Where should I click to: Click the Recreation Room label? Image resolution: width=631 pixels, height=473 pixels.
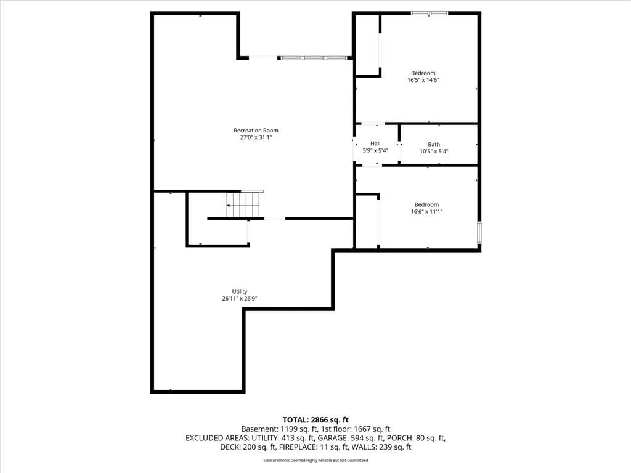tap(256, 131)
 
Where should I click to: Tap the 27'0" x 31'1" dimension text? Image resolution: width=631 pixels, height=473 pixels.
tap(256, 137)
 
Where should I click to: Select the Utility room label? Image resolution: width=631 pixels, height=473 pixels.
tap(240, 291)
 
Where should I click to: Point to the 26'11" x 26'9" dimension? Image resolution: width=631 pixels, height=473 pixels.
tap(240, 299)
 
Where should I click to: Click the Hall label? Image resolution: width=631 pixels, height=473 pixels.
tap(375, 144)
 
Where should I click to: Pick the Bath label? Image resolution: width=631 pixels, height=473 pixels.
tap(434, 144)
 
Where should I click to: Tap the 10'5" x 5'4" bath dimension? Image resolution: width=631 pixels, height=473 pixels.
tap(434, 152)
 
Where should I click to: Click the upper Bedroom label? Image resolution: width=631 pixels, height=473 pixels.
tap(423, 73)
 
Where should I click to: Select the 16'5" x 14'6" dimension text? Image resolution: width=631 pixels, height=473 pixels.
tap(423, 80)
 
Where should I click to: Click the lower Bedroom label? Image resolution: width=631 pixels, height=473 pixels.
tap(426, 204)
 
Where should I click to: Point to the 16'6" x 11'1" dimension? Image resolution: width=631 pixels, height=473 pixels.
tap(426, 212)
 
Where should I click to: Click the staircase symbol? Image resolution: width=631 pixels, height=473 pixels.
tap(245, 204)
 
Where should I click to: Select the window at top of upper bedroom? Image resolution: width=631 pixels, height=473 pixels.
tap(429, 14)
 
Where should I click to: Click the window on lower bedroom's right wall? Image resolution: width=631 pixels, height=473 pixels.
tap(479, 232)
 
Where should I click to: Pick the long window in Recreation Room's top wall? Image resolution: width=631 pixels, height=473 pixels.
tap(314, 58)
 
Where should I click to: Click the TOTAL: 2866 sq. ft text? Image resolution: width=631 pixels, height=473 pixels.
tap(315, 420)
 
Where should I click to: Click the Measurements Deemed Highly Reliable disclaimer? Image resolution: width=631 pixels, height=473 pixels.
tap(315, 461)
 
